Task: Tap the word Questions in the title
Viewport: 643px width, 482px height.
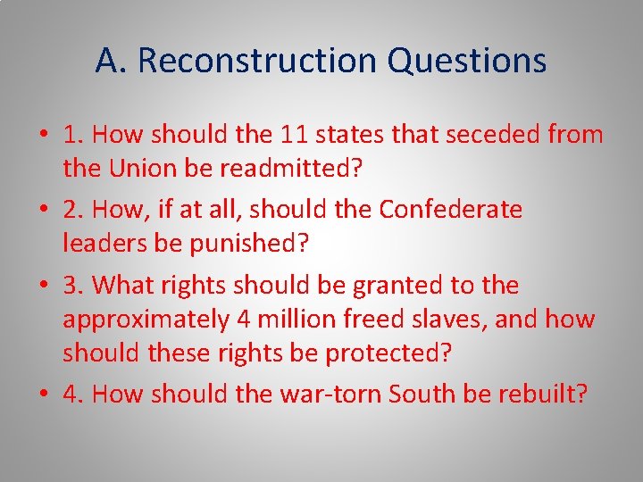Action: [x=467, y=61]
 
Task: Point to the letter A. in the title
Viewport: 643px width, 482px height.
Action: [x=110, y=61]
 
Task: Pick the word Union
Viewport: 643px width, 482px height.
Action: [x=141, y=167]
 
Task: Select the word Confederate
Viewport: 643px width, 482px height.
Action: [x=451, y=210]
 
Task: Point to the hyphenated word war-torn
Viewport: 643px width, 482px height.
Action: [x=347, y=394]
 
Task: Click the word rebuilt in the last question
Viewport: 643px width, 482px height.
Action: [x=541, y=394]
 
